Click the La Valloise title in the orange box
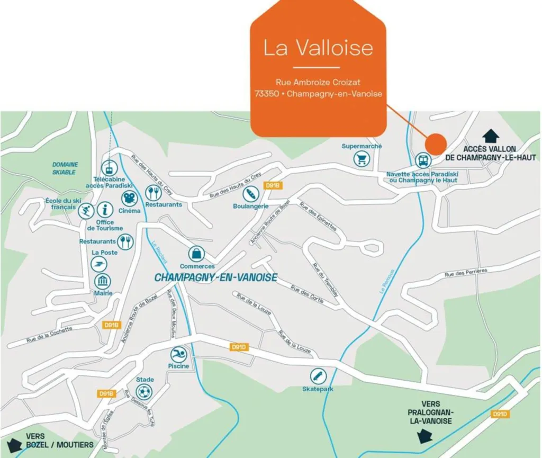[x=318, y=48]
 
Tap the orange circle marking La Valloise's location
[x=436, y=144]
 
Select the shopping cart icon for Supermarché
[x=362, y=158]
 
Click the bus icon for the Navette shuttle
[x=422, y=160]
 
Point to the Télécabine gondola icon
[x=109, y=168]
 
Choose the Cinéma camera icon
[x=129, y=199]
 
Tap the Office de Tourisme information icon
[x=105, y=210]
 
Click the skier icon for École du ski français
[x=86, y=211]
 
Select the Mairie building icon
[x=102, y=281]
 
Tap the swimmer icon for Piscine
[x=178, y=354]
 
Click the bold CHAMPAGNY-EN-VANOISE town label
[x=215, y=277]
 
